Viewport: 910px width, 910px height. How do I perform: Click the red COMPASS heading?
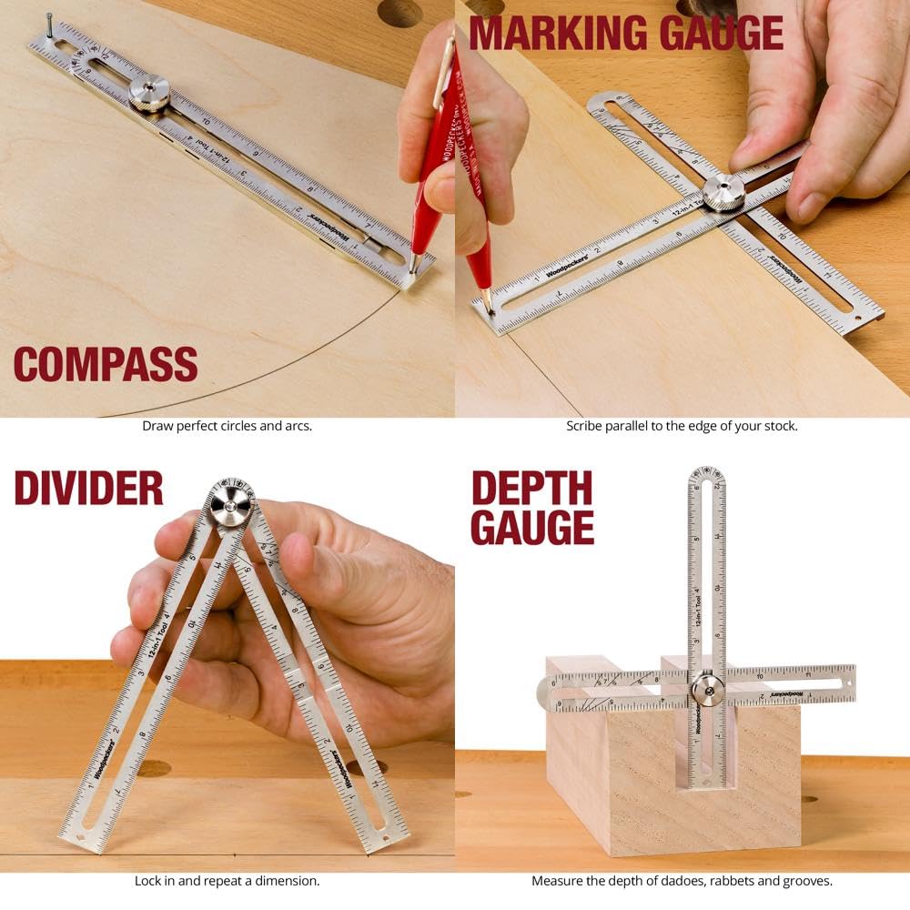106,364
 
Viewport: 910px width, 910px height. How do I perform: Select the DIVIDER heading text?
88,488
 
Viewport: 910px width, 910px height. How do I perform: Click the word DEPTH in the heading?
531,489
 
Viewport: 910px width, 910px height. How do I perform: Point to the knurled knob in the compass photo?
148,94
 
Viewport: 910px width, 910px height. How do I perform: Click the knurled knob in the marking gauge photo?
723,191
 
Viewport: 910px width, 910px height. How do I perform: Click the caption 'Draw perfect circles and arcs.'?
227,426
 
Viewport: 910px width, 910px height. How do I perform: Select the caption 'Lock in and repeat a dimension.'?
227,881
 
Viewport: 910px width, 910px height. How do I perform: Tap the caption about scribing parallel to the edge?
682,426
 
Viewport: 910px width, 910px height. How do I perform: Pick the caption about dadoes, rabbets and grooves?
682,881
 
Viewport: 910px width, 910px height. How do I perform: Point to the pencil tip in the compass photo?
413,271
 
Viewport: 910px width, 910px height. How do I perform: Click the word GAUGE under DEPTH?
531,528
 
